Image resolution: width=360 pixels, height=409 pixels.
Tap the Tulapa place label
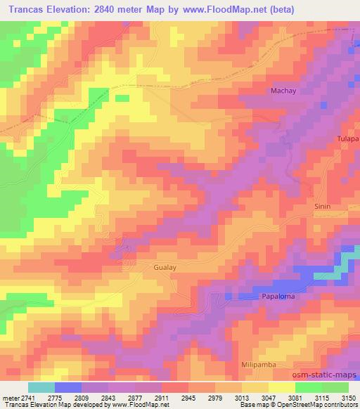point(347,139)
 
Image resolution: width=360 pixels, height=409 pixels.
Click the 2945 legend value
point(186,397)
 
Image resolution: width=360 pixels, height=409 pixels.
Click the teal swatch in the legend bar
point(41,387)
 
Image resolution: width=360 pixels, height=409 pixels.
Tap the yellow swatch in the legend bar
point(281,387)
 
